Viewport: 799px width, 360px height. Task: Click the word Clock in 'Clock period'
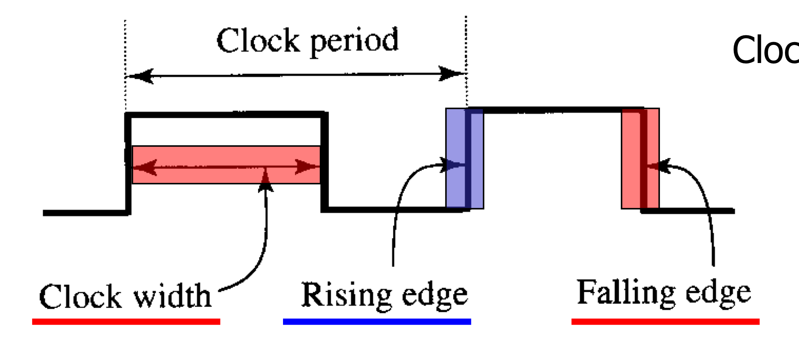click(258, 40)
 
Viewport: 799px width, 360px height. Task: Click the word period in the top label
click(354, 41)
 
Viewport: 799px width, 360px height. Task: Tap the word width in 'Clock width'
click(172, 296)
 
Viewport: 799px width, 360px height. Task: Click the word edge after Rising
click(435, 296)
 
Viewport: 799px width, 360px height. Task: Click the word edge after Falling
click(718, 294)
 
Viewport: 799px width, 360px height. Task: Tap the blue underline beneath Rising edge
click(377, 321)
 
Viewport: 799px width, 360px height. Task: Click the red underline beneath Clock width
click(126, 321)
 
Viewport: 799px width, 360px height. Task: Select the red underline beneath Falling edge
click(665, 321)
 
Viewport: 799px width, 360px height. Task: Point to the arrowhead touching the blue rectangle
click(450, 165)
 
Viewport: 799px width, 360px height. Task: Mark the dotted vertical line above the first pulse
click(125, 54)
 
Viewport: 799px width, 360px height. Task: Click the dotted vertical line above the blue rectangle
click(466, 43)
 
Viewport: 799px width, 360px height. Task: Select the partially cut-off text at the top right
click(766, 50)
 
